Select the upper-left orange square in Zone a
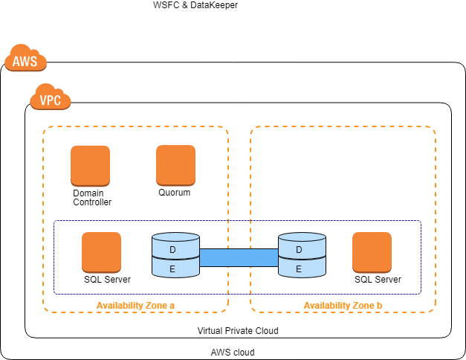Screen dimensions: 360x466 [90, 165]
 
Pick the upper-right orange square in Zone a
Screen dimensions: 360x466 [175, 165]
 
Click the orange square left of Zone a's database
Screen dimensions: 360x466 [101, 252]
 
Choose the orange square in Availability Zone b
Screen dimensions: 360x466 [372, 252]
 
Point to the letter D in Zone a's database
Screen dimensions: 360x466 [172, 250]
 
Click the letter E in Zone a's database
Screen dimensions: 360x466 [172, 269]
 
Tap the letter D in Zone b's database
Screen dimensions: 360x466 [299, 250]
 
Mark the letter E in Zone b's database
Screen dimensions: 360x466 [299, 269]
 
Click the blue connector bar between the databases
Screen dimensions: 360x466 [239, 257]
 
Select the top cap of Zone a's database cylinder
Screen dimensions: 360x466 [175, 237]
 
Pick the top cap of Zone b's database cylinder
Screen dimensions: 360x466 [302, 237]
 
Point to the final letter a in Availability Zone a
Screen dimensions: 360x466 [172, 306]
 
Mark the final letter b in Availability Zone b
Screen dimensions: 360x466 [379, 306]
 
